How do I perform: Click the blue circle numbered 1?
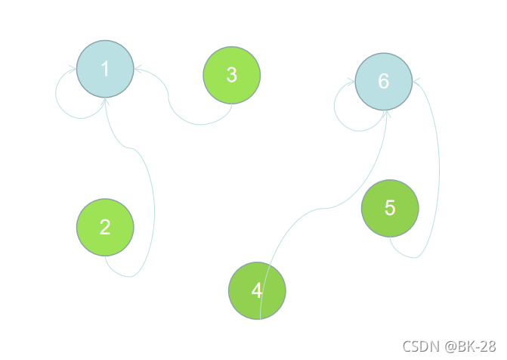[105, 69]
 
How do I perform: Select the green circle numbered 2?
[105, 227]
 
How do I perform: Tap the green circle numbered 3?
[232, 75]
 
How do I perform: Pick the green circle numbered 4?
[257, 291]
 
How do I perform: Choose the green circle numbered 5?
[390, 208]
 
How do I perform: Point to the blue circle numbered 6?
[383, 82]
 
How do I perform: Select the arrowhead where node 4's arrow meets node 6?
[387, 112]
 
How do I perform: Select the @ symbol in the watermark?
[449, 346]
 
